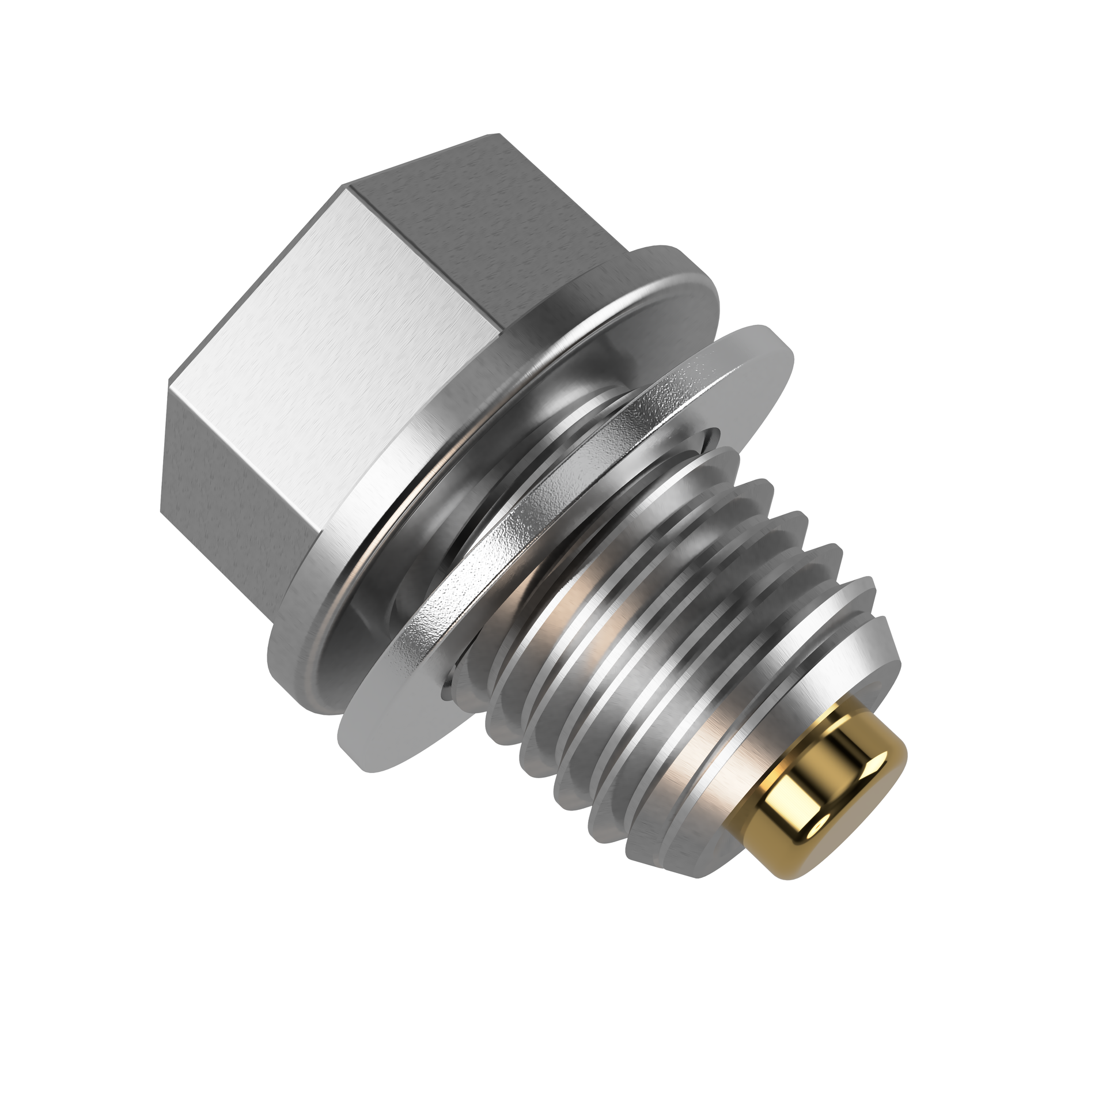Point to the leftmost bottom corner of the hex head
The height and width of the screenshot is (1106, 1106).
[161, 510]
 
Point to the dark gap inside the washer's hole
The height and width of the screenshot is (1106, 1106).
[714, 438]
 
